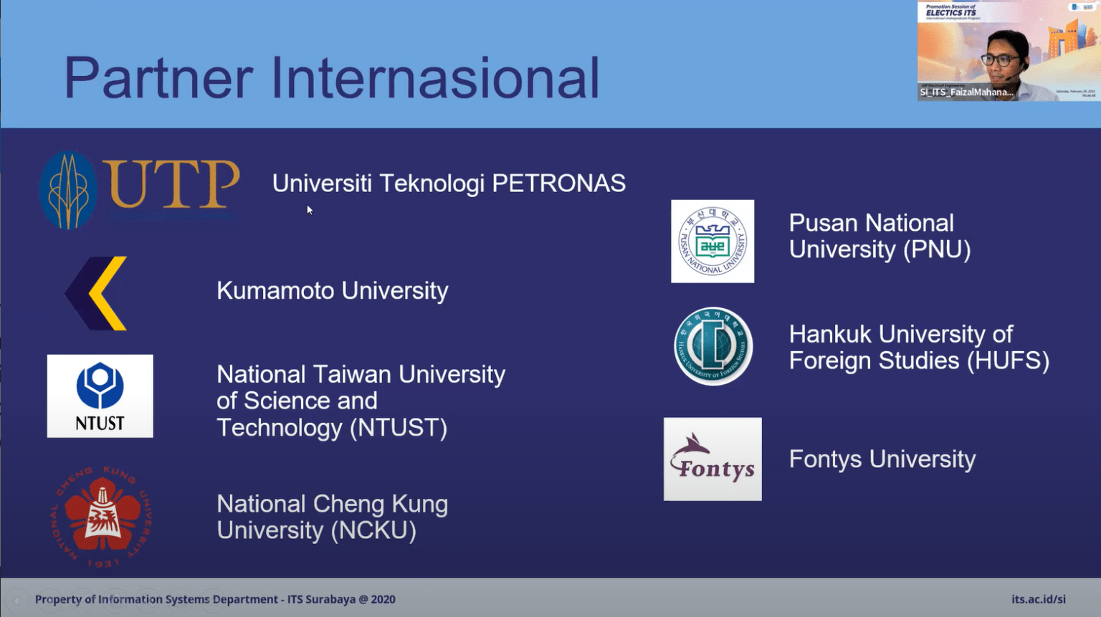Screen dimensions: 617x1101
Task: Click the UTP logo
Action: coord(139,190)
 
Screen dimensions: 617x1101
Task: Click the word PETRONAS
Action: coord(558,183)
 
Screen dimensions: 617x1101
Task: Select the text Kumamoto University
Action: coord(332,291)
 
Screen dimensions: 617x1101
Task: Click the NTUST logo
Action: coord(100,396)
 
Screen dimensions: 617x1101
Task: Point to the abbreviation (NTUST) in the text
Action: coord(399,428)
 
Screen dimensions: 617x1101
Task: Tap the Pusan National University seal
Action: coord(712,241)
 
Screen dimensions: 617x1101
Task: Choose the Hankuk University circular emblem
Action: coord(713,347)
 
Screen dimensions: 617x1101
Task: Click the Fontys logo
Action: coord(712,459)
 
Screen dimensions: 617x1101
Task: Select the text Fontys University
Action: coord(882,459)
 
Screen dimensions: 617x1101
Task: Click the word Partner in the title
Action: coord(158,78)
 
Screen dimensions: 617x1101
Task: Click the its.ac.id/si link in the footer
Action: coord(1038,599)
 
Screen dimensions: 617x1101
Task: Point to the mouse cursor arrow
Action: coord(309,209)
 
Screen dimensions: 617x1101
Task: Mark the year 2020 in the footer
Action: coord(383,599)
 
